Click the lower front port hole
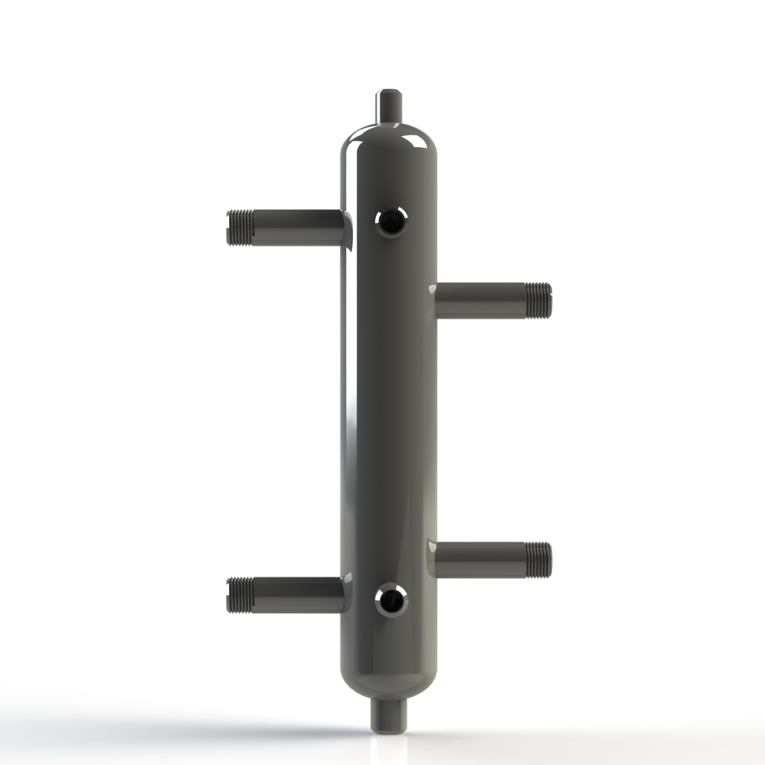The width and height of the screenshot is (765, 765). coord(390,600)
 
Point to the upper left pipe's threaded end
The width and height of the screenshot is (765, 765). coord(240,227)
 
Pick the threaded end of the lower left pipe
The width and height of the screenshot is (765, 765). coord(240,595)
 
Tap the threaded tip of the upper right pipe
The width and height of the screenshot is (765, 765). coord(538,299)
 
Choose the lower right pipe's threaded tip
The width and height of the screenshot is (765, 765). coord(538,558)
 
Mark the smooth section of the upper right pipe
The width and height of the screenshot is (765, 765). coord(482,299)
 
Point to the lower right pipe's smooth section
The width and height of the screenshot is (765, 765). coord(482,559)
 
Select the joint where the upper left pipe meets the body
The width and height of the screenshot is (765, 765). coord(345,228)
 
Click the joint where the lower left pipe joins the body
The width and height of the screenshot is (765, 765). coord(345,595)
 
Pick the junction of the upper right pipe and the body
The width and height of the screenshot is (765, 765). coord(435,299)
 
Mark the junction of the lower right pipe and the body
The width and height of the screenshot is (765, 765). coord(435,559)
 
